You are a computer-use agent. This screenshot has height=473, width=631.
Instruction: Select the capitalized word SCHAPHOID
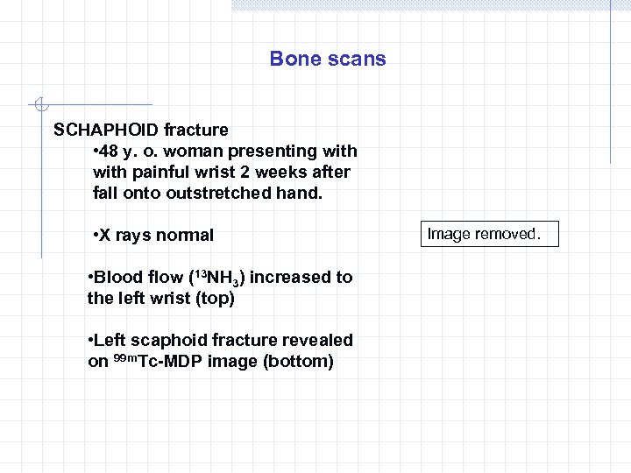coord(106,130)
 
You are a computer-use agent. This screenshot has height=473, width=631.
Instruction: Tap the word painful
coord(169,172)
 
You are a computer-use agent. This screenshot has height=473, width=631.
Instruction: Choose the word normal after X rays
coord(184,235)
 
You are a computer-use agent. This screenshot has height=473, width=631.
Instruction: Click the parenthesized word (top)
coord(215,298)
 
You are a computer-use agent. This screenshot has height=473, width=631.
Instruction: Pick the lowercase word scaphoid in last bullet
coord(170,340)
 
